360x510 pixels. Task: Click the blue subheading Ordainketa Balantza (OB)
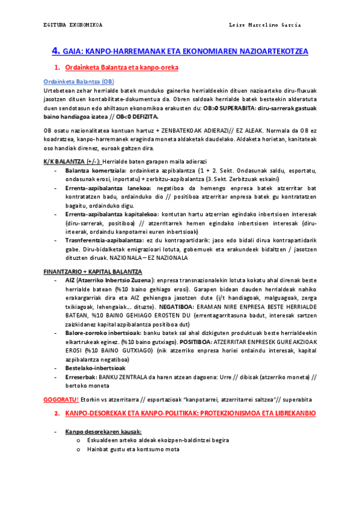(x=79, y=82)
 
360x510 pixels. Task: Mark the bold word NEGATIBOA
(x=187, y=306)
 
